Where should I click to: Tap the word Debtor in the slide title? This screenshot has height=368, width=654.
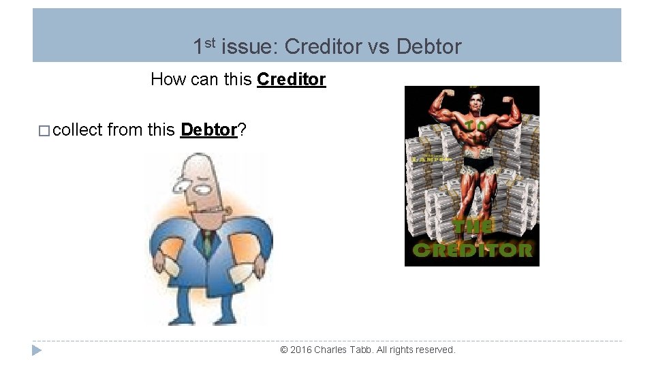[429, 47]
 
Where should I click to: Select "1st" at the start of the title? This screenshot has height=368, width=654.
[204, 46]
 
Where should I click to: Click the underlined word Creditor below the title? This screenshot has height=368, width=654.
[291, 80]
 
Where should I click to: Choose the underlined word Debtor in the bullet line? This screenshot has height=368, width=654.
[208, 129]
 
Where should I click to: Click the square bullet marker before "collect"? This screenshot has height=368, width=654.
[44, 130]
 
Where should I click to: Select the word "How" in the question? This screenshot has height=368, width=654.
[168, 80]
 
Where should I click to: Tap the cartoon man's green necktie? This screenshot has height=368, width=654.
[207, 242]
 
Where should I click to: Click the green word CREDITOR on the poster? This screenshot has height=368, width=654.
[472, 250]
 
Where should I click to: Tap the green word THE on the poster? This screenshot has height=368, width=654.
[473, 228]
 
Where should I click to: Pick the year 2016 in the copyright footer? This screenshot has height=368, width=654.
[300, 350]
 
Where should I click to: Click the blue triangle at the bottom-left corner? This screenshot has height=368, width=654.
[37, 350]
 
